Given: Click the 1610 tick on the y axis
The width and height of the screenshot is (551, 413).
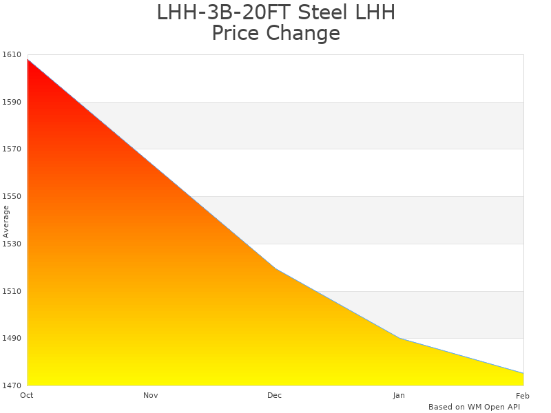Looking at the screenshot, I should pyautogui.click(x=12, y=54).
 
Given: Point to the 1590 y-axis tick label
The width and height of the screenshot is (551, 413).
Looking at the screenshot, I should pyautogui.click(x=12, y=102).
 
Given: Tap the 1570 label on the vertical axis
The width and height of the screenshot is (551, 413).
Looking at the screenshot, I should pyautogui.click(x=12, y=149).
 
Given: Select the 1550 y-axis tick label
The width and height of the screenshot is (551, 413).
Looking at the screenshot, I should pyautogui.click(x=12, y=196).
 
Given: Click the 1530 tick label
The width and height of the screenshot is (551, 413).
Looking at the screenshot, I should pyautogui.click(x=12, y=244).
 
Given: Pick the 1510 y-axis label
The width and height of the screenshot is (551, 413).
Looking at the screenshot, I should pyautogui.click(x=12, y=291).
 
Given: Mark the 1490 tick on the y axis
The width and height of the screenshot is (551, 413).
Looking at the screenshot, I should pyautogui.click(x=12, y=338).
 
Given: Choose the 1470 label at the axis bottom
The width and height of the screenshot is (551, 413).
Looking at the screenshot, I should pyautogui.click(x=12, y=385).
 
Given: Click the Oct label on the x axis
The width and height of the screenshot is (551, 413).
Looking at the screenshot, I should pyautogui.click(x=27, y=395).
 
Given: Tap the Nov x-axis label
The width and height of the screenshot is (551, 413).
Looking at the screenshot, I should pyautogui.click(x=151, y=395).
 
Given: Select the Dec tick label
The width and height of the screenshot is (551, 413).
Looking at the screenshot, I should pyautogui.click(x=275, y=395).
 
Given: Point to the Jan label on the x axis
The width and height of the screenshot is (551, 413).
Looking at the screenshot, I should pyautogui.click(x=399, y=395).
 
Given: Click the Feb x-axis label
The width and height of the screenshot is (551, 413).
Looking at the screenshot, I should pyautogui.click(x=523, y=395).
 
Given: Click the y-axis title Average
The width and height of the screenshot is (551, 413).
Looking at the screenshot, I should pyautogui.click(x=6, y=222).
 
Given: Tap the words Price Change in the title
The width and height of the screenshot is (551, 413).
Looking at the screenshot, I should pyautogui.click(x=275, y=33).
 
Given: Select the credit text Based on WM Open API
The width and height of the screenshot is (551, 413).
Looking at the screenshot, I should pyautogui.click(x=474, y=407).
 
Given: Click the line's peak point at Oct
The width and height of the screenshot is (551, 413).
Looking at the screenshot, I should pyautogui.click(x=28, y=60).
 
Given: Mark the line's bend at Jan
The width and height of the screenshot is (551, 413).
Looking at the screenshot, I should pyautogui.click(x=399, y=338).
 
